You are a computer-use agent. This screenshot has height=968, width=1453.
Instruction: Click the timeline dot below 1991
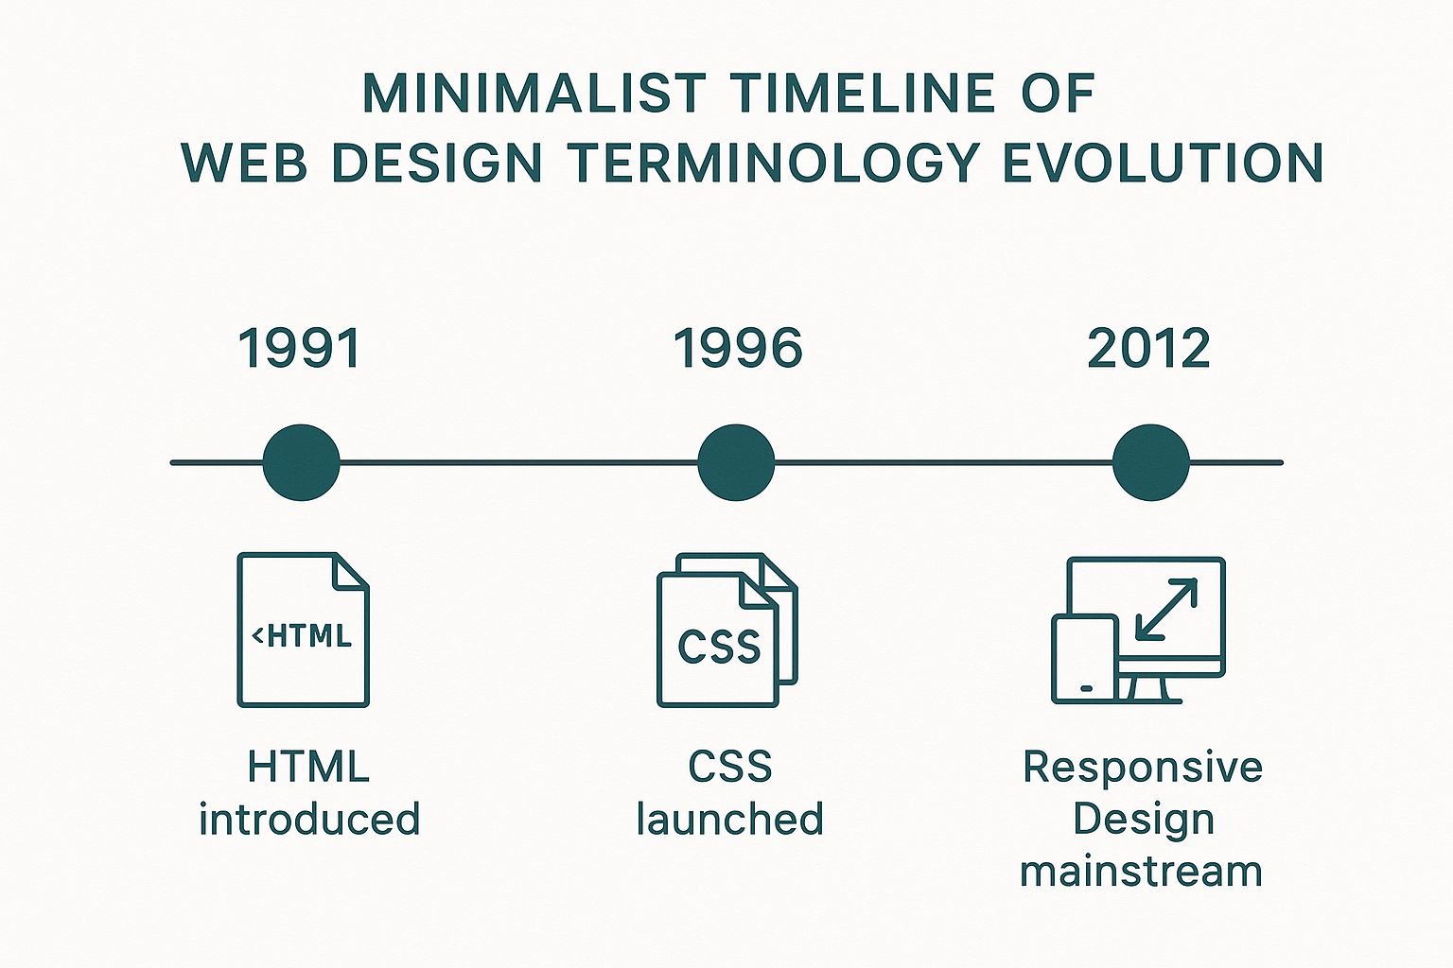tap(301, 462)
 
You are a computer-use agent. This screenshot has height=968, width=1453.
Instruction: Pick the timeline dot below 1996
tap(736, 462)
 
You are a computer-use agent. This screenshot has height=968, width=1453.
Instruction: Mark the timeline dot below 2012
tap(1151, 462)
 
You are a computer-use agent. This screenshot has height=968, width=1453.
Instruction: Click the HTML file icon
tap(303, 630)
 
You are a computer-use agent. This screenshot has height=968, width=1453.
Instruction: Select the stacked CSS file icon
tap(727, 630)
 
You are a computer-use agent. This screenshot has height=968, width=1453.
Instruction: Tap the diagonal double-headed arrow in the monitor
tap(1166, 610)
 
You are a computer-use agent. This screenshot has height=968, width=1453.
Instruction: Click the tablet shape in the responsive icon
tap(1085, 659)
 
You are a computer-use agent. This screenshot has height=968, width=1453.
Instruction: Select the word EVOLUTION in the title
tap(1163, 162)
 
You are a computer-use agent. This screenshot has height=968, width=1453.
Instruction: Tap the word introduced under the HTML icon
tap(309, 819)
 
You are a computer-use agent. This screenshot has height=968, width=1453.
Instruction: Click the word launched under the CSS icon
tap(729, 819)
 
